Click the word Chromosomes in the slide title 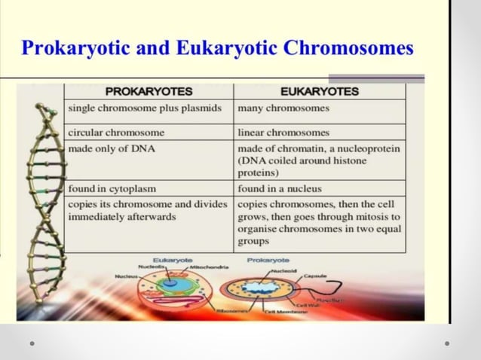[x=350, y=49]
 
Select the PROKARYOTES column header [x=149, y=92]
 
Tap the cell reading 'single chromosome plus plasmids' [x=145, y=108]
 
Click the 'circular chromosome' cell [x=116, y=132]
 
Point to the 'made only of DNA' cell [x=112, y=148]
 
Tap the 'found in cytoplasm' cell [x=112, y=188]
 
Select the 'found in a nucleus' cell [x=280, y=188]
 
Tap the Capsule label [x=315, y=276]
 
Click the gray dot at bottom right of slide [x=447, y=343]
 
